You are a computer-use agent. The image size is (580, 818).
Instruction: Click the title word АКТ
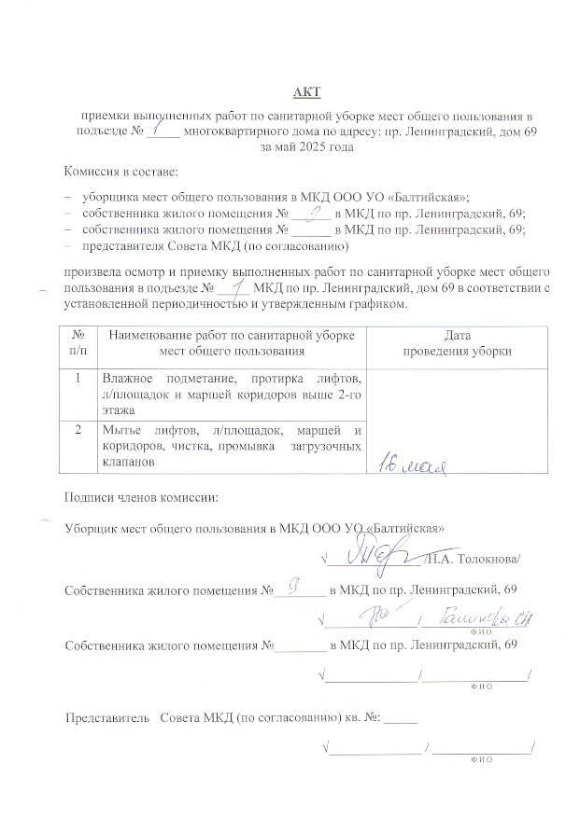click(305, 90)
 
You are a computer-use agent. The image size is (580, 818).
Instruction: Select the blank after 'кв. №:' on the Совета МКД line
click(401, 720)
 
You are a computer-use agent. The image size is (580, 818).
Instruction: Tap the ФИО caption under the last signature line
click(482, 760)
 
